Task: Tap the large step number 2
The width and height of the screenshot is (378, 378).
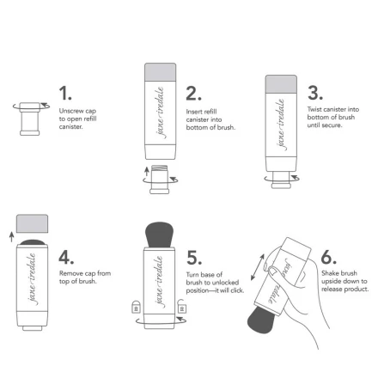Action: [x=195, y=93]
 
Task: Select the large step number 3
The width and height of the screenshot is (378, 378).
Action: [x=315, y=92]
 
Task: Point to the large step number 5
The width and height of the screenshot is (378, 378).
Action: [x=195, y=258]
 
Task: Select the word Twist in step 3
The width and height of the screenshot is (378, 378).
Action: [x=314, y=110]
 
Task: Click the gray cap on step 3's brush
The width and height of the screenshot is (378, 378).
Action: [x=281, y=82]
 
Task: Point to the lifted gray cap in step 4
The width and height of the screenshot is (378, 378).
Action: [x=33, y=226]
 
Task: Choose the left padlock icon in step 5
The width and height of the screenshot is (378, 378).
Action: [x=133, y=308]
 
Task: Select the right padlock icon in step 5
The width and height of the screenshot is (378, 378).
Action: [x=181, y=308]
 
